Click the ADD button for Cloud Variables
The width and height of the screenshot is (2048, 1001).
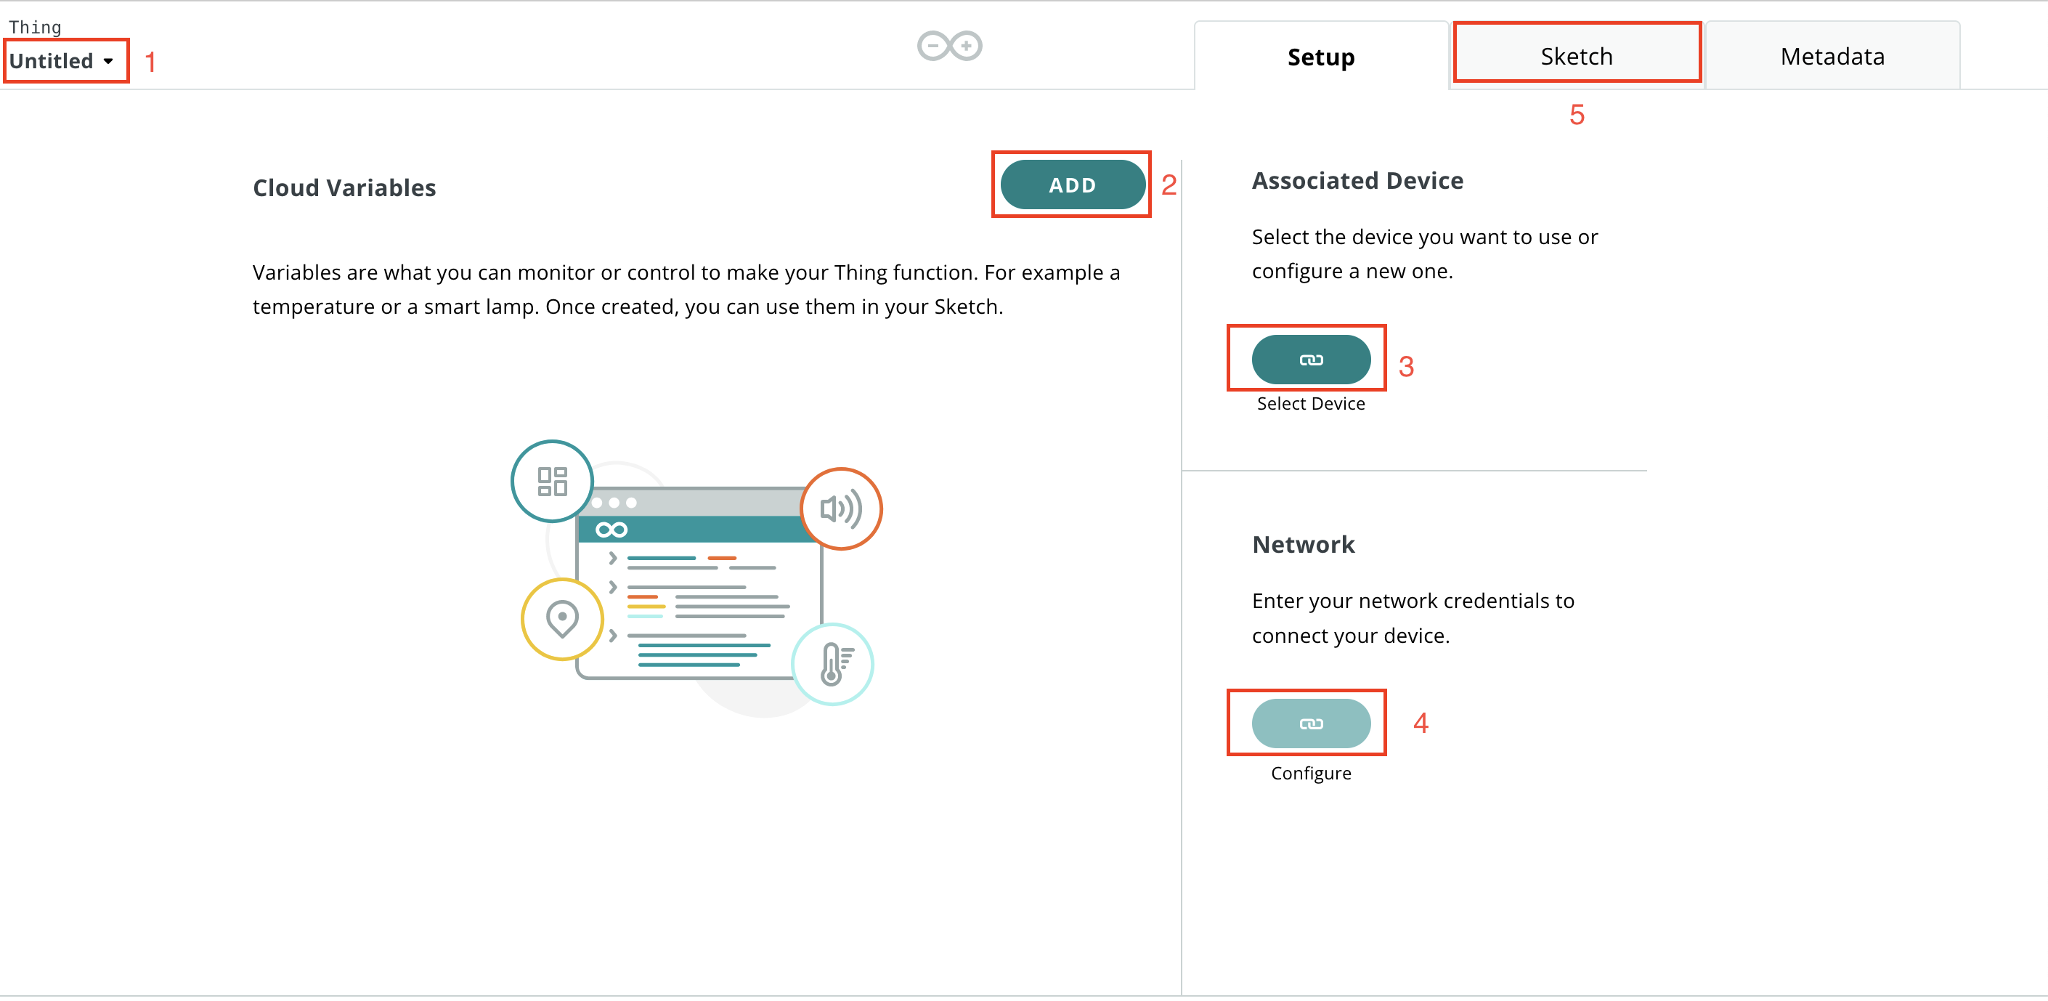pyautogui.click(x=1072, y=185)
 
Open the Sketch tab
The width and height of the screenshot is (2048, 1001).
pyautogui.click(x=1577, y=56)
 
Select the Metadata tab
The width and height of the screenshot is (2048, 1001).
pyautogui.click(x=1832, y=56)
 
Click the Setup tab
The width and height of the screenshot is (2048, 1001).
pyautogui.click(x=1320, y=57)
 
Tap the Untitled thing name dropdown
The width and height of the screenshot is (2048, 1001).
pyautogui.click(x=61, y=60)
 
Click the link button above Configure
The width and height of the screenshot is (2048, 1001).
pyautogui.click(x=1310, y=723)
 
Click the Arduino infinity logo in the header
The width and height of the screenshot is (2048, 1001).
pyautogui.click(x=949, y=45)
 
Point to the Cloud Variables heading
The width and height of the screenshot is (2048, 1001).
pyautogui.click(x=344, y=187)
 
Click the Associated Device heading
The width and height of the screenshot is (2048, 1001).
pyautogui.click(x=1357, y=180)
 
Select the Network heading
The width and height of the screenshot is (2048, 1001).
pyautogui.click(x=1303, y=545)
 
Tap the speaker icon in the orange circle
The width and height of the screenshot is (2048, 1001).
pyautogui.click(x=840, y=508)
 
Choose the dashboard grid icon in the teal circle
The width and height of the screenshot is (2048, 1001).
pyautogui.click(x=552, y=481)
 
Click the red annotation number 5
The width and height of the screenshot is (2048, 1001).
pyautogui.click(x=1577, y=115)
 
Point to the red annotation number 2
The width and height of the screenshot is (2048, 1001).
pyautogui.click(x=1168, y=185)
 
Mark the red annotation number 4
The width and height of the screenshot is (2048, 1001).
pyautogui.click(x=1421, y=723)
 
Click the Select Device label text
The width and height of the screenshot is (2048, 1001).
pyautogui.click(x=1310, y=403)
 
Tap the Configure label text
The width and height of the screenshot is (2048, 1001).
pyautogui.click(x=1310, y=773)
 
